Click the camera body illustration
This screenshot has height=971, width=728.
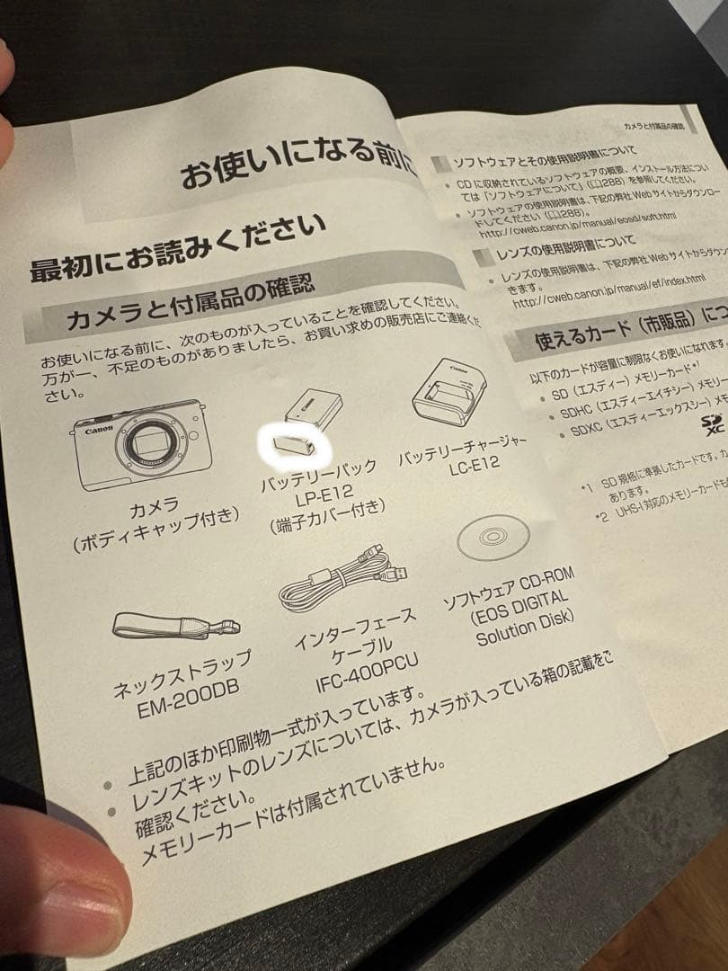pyautogui.click(x=138, y=444)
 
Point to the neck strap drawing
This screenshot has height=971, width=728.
pyautogui.click(x=174, y=626)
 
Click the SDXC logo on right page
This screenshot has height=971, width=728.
pyautogui.click(x=715, y=422)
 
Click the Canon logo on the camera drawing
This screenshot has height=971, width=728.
pyautogui.click(x=98, y=431)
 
